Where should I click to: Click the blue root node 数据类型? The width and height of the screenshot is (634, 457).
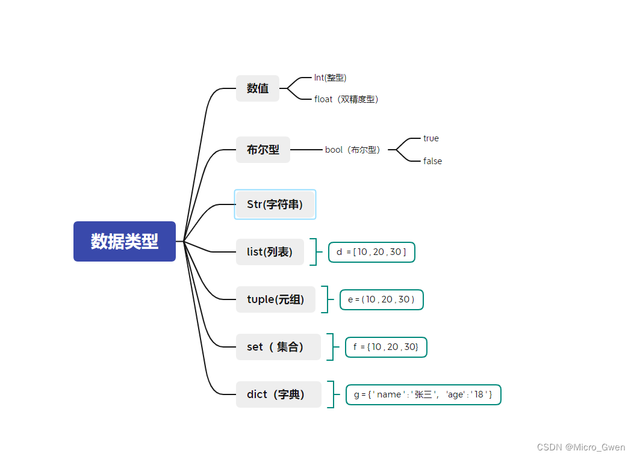click(125, 241)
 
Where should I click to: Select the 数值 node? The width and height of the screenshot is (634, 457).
click(258, 88)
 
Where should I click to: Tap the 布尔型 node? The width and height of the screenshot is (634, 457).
click(263, 150)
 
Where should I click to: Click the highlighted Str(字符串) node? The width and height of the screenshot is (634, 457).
click(275, 204)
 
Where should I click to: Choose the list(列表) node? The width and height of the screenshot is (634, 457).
click(270, 252)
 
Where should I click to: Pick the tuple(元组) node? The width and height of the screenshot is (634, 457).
click(275, 299)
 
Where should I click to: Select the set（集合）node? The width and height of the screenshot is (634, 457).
click(278, 347)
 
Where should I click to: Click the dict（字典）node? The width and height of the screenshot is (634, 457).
click(279, 394)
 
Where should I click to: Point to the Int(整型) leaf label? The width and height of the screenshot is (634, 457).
click(331, 78)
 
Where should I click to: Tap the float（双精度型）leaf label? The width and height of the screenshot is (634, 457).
click(346, 99)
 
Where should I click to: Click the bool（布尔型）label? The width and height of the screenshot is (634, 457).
click(353, 150)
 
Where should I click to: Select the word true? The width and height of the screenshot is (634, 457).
click(431, 138)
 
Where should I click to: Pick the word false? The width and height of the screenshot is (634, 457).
click(433, 161)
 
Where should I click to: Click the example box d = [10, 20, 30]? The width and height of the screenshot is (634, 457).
click(371, 253)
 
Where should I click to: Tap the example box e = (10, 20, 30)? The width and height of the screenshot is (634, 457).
click(382, 299)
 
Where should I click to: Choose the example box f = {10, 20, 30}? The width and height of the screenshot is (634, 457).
click(386, 347)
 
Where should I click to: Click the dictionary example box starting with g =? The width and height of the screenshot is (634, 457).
click(423, 394)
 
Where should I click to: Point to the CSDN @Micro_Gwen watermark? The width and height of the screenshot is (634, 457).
click(581, 447)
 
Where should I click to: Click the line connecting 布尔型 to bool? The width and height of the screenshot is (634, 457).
click(306, 150)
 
